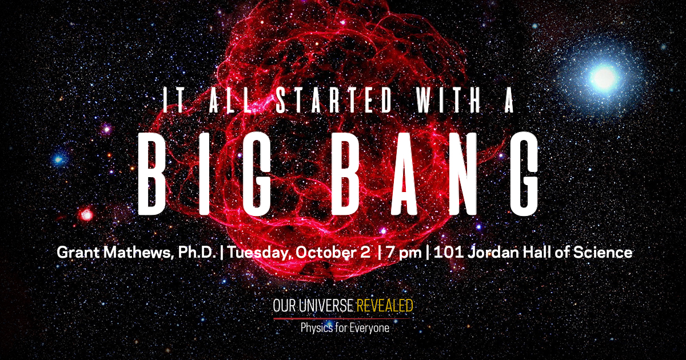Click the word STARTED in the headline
click(x=334, y=99)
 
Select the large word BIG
click(x=205, y=174)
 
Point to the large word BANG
click(x=435, y=174)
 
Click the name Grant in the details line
click(x=78, y=253)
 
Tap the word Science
click(x=603, y=253)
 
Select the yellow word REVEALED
click(x=385, y=306)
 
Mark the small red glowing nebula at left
click(x=86, y=214)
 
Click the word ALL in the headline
click(x=230, y=99)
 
